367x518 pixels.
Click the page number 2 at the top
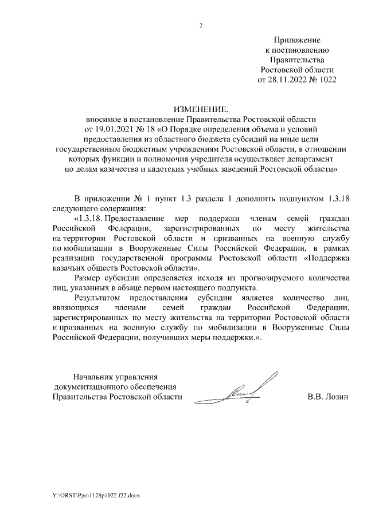[x=200, y=25]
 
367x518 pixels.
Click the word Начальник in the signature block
[x=93, y=377]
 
